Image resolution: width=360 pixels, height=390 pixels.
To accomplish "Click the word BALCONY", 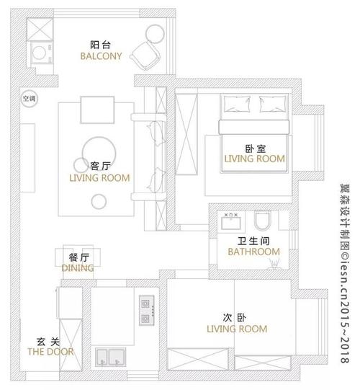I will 101,56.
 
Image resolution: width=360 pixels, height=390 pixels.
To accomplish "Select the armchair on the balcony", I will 143,55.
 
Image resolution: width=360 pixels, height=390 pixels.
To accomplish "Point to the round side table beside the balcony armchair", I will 154,34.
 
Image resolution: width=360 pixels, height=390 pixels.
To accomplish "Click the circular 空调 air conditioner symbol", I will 28,98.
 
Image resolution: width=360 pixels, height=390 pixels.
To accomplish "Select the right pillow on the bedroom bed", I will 271,106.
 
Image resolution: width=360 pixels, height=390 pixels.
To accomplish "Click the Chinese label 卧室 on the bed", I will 254,147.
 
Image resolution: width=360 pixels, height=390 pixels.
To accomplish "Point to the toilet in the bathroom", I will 263,220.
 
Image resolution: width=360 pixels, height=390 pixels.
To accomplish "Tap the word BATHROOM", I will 253,252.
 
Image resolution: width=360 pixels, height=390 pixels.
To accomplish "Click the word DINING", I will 78,268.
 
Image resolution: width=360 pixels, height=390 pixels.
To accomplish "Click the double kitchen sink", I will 111,357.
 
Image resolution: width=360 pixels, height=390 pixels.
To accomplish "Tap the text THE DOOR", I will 46,352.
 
